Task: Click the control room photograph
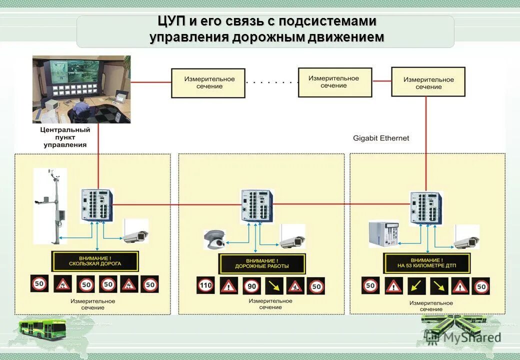(x=81, y=89)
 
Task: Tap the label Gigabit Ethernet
(x=381, y=138)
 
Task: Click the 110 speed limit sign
(x=205, y=286)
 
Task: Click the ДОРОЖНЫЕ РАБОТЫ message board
(x=261, y=263)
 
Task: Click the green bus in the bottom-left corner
(x=42, y=328)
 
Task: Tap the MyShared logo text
(x=473, y=337)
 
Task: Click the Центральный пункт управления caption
(x=65, y=137)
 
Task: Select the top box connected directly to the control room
(x=208, y=83)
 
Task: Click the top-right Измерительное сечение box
(x=428, y=83)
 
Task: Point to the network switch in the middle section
(x=257, y=205)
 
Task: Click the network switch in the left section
(x=97, y=204)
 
